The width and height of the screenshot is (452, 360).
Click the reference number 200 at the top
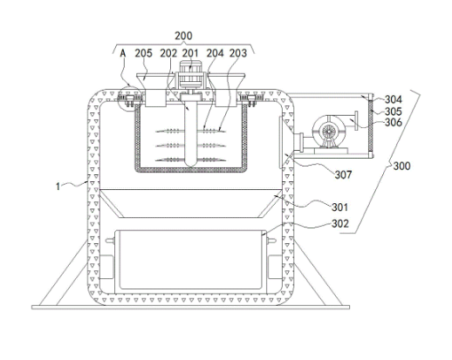[183, 36]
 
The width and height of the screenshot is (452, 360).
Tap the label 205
[143, 53]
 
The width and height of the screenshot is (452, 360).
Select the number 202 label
[168, 53]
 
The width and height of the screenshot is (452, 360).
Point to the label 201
[190, 53]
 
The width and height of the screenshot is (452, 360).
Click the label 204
[216, 53]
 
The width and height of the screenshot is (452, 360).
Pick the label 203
[238, 53]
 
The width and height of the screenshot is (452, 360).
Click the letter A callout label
[123, 53]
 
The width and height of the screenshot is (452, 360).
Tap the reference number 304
[394, 99]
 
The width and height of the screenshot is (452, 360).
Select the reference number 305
[394, 112]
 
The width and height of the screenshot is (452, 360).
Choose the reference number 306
[394, 122]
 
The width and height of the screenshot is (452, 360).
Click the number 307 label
[343, 174]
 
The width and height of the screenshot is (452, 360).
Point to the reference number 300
[401, 166]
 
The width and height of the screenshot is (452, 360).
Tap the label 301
[340, 207]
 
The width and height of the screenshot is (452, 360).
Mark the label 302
[340, 224]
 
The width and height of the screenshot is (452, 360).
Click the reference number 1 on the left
[58, 187]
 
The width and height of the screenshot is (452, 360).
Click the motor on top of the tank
[190, 74]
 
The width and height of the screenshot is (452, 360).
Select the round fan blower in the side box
[329, 132]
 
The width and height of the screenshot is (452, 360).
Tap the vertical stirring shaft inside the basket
[190, 131]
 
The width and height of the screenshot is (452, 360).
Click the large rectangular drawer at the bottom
[190, 262]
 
